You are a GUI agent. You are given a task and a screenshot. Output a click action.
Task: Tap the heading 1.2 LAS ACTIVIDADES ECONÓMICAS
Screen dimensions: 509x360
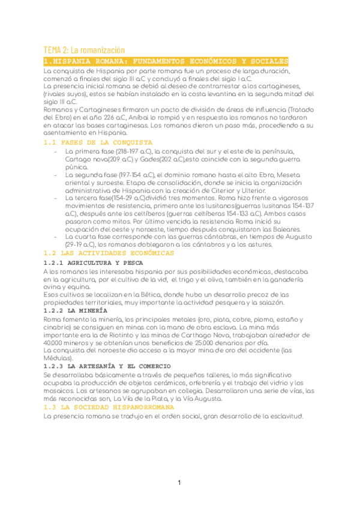click(109, 253)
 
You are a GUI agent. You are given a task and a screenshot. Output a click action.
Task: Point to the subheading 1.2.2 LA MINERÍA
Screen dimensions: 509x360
click(76, 311)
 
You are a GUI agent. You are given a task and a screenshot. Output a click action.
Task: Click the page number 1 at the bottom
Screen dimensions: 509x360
click(179, 483)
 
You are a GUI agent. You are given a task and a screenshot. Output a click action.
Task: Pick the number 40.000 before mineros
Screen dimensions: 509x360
click(55, 343)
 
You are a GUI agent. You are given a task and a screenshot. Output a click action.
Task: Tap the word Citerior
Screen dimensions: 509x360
click(225, 190)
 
